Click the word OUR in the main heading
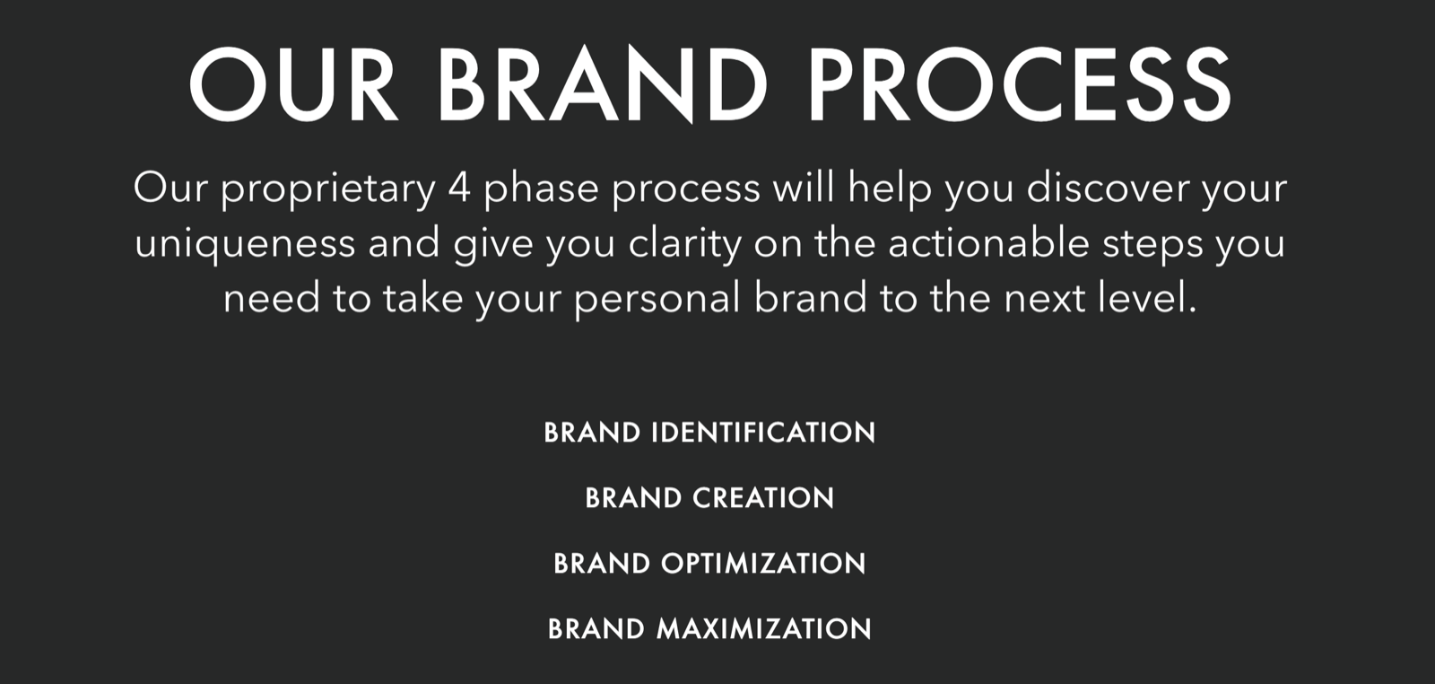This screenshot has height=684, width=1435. point(293,84)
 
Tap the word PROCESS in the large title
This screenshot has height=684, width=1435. point(1020,84)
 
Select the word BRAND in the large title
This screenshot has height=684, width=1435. point(604,84)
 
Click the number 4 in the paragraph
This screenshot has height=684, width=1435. point(460,188)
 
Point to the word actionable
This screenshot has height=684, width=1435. point(988,242)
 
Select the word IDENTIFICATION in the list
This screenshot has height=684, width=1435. point(763,433)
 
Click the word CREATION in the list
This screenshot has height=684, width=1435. point(763,498)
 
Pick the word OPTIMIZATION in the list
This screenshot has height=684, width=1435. point(763,564)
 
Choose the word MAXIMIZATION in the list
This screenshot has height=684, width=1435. point(763,629)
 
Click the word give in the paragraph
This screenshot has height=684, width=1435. point(493,246)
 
